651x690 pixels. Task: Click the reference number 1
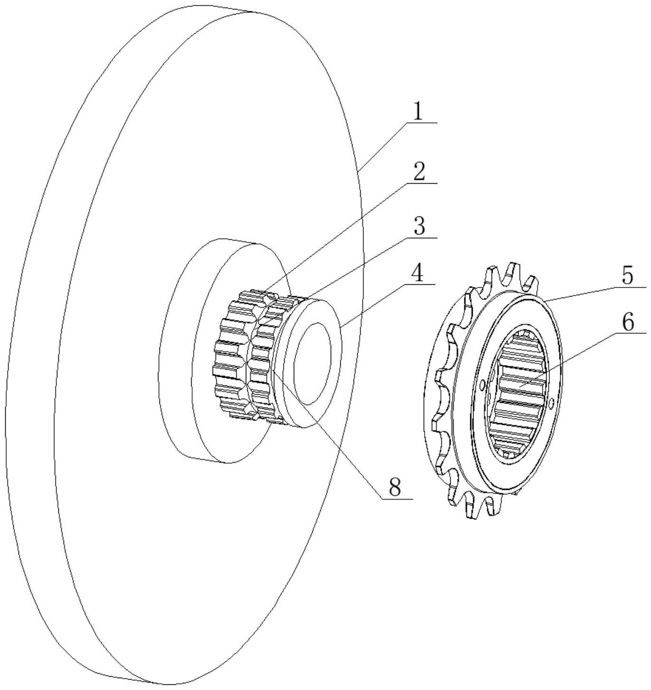click(417, 112)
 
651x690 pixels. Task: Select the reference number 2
click(418, 173)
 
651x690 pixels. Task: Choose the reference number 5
click(627, 276)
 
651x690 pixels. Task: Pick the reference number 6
click(627, 323)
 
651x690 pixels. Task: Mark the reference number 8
click(395, 487)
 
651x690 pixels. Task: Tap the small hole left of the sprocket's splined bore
click(483, 384)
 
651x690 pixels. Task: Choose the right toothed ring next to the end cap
click(263, 361)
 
